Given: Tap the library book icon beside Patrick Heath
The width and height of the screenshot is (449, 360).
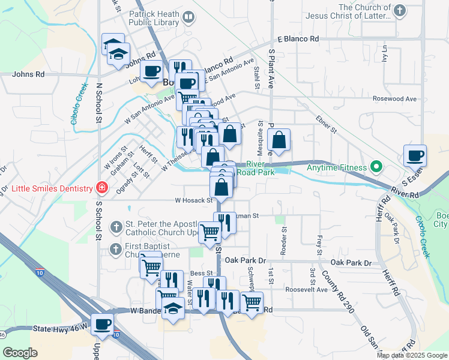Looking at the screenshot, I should tap(189, 17).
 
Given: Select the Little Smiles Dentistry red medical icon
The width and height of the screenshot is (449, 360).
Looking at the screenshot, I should tap(102, 188).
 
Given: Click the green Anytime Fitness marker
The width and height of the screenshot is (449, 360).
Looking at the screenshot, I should tap(377, 166).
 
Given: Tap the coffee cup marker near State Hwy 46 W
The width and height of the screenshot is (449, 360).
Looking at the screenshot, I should tap(102, 324).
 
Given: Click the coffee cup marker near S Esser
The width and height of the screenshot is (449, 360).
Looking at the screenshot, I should tap(415, 155).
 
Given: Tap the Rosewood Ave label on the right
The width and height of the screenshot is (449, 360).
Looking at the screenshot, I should tap(394, 98).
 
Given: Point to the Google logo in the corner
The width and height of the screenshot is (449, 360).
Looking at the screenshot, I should tap(20, 353).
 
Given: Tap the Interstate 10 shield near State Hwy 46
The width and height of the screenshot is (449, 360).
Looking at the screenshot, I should tap(116, 334).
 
